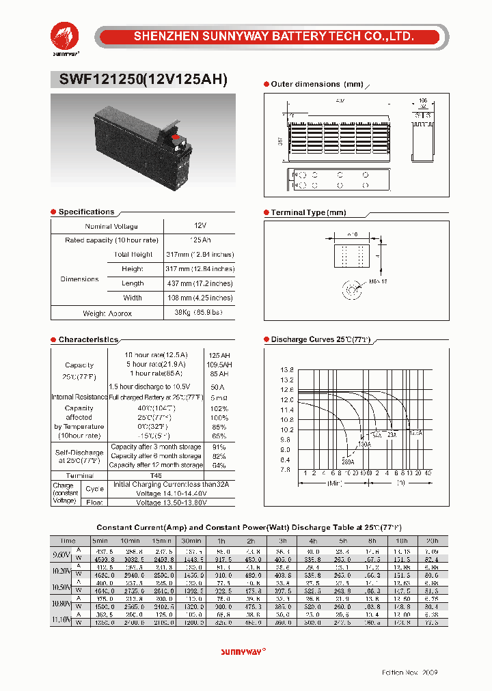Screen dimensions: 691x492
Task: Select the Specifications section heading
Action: (x=86, y=212)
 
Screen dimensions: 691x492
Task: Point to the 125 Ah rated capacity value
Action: (x=200, y=240)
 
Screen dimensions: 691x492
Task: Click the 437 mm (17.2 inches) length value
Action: (x=200, y=283)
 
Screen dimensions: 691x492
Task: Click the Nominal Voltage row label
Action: (x=111, y=226)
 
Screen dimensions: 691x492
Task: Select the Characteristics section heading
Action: (x=88, y=340)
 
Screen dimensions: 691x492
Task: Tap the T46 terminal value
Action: (x=156, y=475)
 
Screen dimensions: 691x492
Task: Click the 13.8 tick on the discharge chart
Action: (x=286, y=370)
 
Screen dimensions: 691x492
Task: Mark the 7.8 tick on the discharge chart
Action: (x=286, y=470)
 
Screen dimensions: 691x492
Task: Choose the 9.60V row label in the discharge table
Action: (x=61, y=554)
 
